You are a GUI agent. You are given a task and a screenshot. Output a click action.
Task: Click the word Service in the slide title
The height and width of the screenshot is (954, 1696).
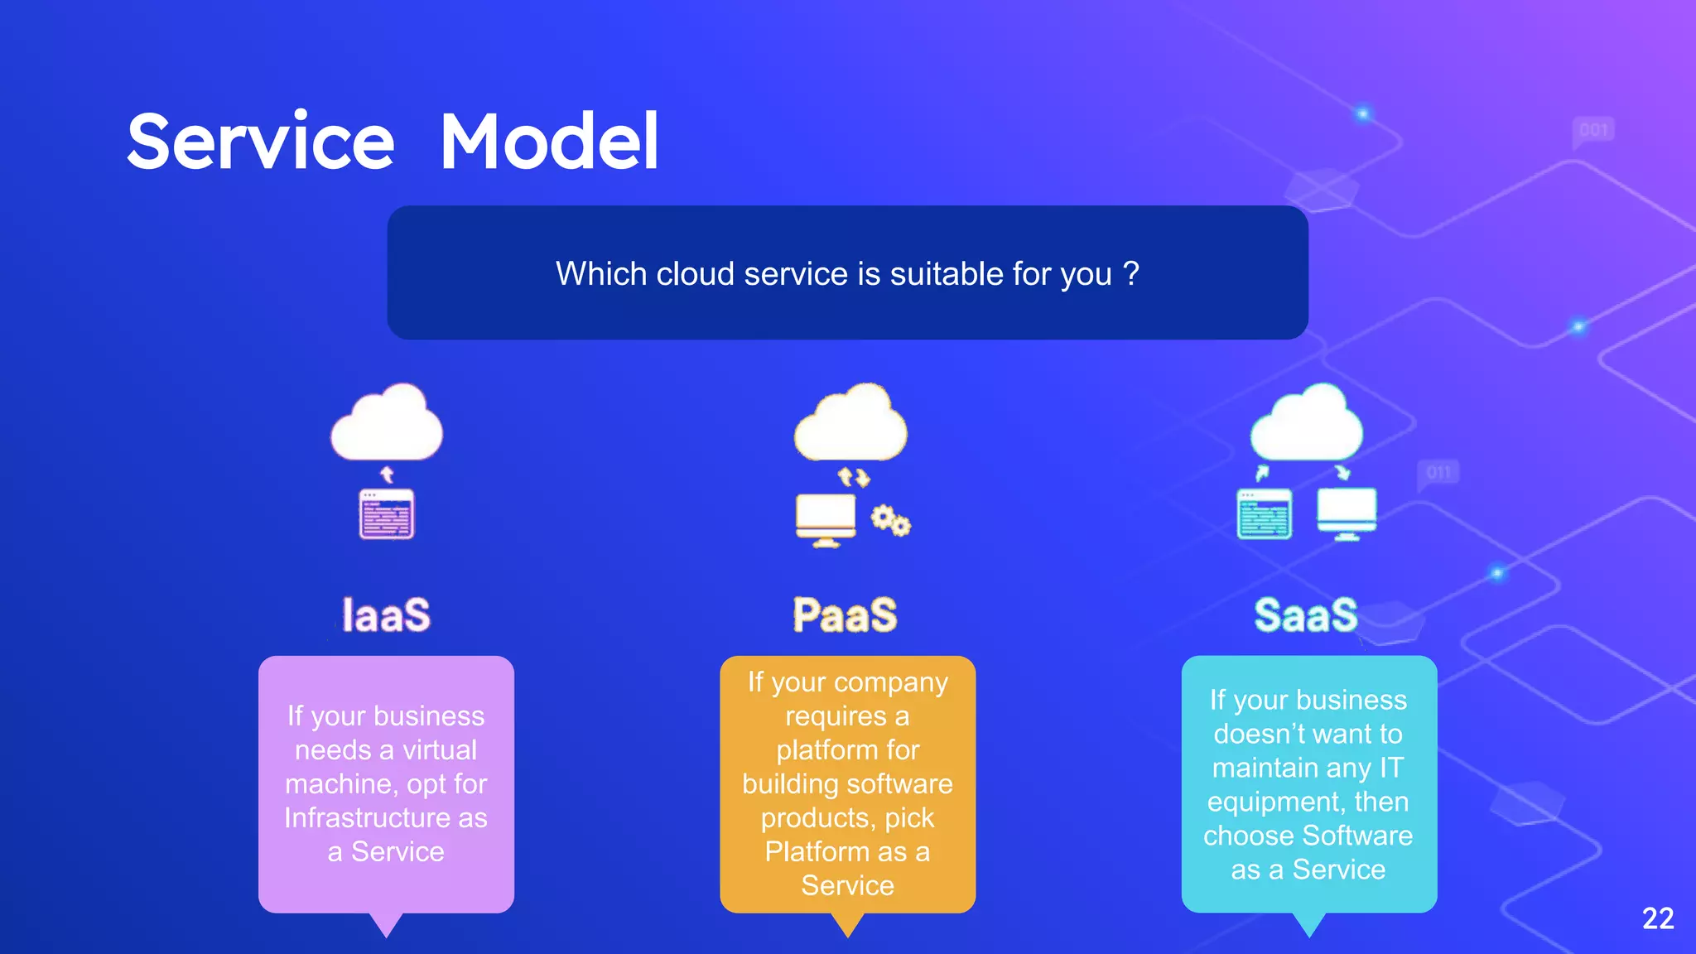[261, 142]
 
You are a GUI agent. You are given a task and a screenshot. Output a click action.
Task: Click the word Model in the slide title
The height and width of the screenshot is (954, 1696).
[549, 142]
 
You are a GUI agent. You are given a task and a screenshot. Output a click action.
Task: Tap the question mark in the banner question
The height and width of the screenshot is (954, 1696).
[1131, 273]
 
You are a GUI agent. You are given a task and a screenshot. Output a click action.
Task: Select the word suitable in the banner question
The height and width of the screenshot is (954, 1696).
[943, 273]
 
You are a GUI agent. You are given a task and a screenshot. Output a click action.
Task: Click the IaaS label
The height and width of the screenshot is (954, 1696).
[387, 615]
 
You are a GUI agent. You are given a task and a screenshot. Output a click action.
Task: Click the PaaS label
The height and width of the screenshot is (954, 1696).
[845, 615]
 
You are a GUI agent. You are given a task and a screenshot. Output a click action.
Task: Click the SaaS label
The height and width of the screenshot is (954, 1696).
[1306, 615]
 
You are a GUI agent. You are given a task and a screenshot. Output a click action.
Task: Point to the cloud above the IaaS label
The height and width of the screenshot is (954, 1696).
[387, 425]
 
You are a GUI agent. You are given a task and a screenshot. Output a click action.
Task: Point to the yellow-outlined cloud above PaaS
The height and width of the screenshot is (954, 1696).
[850, 425]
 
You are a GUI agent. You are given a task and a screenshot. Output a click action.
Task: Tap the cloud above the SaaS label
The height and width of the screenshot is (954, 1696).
[1307, 425]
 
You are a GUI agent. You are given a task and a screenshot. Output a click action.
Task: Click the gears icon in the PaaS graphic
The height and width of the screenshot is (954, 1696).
[890, 520]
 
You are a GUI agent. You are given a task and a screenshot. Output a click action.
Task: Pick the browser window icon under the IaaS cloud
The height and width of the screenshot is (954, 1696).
[387, 514]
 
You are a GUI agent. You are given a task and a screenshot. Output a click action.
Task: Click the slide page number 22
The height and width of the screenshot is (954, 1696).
[1658, 918]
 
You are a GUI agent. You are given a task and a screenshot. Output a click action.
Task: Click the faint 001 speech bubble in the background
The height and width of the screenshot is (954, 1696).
[1593, 131]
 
